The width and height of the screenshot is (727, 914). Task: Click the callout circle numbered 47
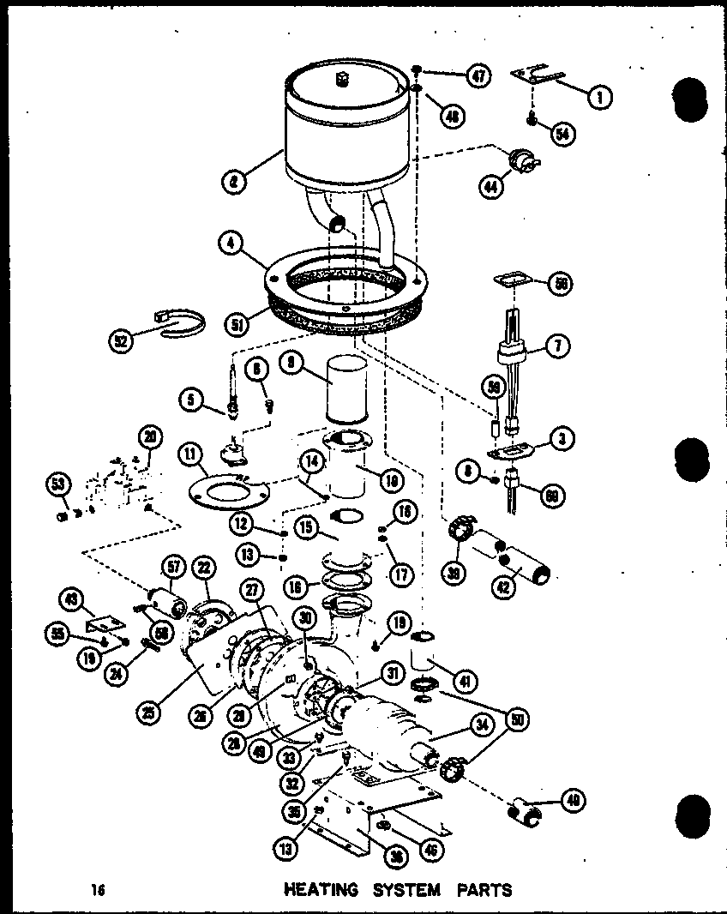pyautogui.click(x=477, y=76)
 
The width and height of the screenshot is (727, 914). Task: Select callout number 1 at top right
pyautogui.click(x=599, y=97)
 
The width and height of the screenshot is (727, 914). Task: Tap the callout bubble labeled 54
pyautogui.click(x=563, y=134)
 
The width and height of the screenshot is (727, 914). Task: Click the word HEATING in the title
pyautogui.click(x=320, y=889)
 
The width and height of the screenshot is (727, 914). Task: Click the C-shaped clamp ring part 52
pyautogui.click(x=182, y=325)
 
